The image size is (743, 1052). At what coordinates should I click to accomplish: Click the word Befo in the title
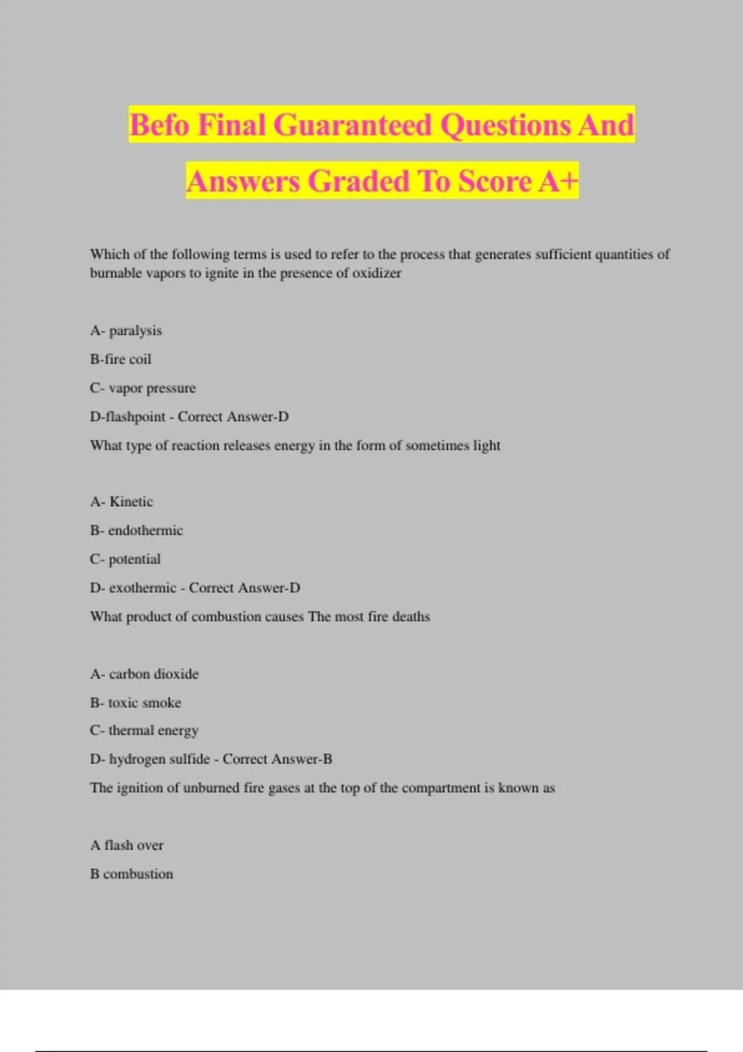click(x=159, y=125)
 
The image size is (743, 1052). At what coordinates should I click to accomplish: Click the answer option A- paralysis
click(x=126, y=330)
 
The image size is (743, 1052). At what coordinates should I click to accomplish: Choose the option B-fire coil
click(x=120, y=359)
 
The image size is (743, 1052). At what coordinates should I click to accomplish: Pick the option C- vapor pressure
click(x=142, y=388)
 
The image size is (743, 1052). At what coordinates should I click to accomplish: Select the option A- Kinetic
click(x=121, y=501)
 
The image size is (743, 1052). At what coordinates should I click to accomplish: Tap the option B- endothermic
click(x=136, y=530)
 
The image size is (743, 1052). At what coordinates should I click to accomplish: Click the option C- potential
click(x=125, y=559)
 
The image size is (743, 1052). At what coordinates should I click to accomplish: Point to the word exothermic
click(x=143, y=588)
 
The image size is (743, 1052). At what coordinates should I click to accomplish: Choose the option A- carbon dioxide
click(x=144, y=674)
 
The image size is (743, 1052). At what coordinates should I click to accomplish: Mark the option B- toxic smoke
click(x=136, y=702)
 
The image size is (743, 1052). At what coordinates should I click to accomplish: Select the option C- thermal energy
click(x=144, y=730)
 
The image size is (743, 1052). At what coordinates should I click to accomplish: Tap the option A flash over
click(x=127, y=845)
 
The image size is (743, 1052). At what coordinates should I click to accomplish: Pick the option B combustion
click(x=131, y=874)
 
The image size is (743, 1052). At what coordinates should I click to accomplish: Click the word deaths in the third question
click(x=411, y=616)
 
